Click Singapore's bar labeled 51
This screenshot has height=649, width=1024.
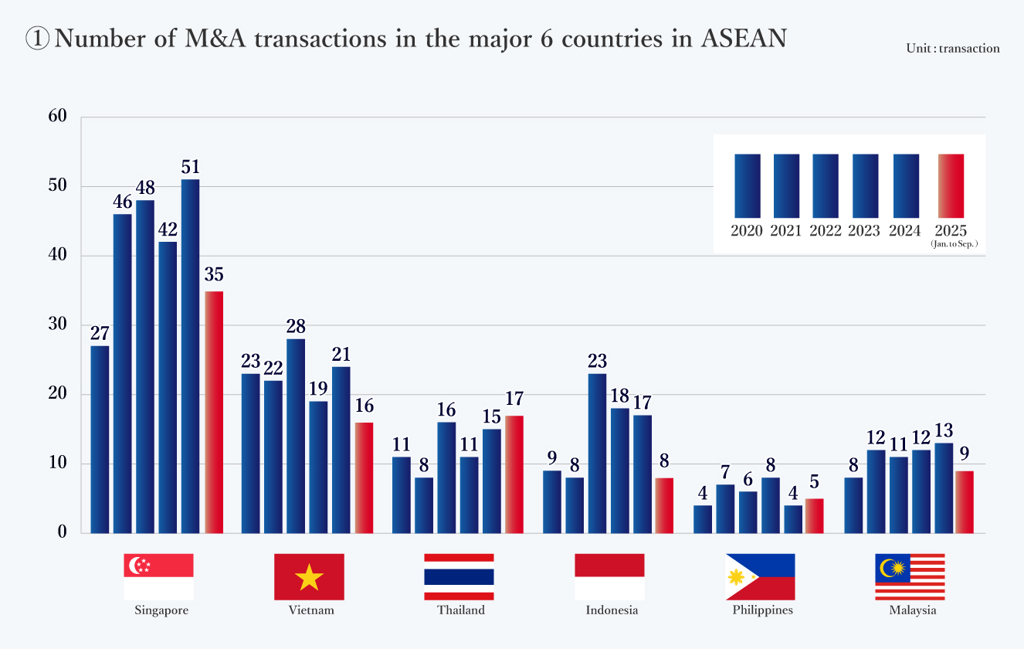tap(190, 355)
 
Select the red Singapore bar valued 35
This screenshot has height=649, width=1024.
tap(214, 412)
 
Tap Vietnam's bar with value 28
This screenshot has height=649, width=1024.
tap(295, 436)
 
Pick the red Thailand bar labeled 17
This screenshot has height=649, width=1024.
tap(514, 474)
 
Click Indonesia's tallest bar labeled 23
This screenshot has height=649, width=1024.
tap(597, 453)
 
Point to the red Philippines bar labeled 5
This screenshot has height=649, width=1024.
tap(814, 515)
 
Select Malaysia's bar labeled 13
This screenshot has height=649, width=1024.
tap(921, 488)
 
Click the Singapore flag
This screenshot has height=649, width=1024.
tap(158, 576)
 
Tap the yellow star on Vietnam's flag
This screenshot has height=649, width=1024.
tap(309, 577)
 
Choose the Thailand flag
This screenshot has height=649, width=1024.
tap(459, 576)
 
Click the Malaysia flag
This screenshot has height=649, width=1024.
tap(910, 576)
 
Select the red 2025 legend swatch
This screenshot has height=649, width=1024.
tap(951, 185)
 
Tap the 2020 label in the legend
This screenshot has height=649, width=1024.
tap(747, 230)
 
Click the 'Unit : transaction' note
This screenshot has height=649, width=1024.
tap(953, 49)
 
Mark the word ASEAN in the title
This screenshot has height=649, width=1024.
tap(743, 39)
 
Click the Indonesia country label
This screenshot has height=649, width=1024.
tap(612, 610)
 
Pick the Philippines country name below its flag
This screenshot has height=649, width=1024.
tap(762, 610)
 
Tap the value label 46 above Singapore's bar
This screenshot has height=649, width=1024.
tap(122, 202)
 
